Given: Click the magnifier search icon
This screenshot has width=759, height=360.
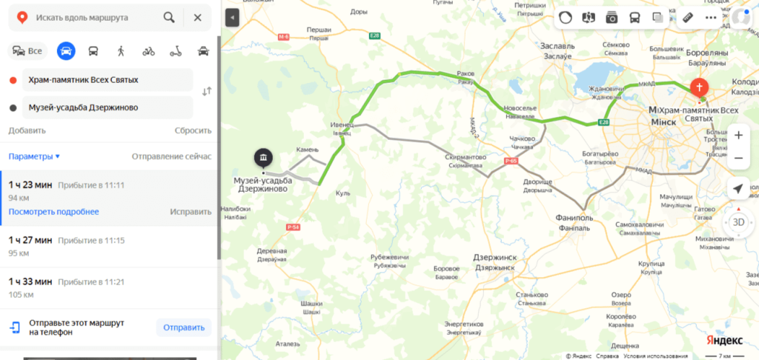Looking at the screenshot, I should pyautogui.click(x=170, y=17).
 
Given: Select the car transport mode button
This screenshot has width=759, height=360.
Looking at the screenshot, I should pyautogui.click(x=66, y=51).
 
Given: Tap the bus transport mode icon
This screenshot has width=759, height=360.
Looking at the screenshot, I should pyautogui.click(x=93, y=51).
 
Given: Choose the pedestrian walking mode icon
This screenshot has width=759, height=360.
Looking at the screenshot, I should pyautogui.click(x=121, y=51).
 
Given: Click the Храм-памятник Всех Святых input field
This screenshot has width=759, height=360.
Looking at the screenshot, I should pyautogui.click(x=107, y=79).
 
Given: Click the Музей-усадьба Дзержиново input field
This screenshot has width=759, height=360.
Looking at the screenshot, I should pyautogui.click(x=107, y=107).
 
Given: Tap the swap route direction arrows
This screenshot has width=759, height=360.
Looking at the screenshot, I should pyautogui.click(x=207, y=91).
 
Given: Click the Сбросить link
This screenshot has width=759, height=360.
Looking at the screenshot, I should pyautogui.click(x=193, y=130).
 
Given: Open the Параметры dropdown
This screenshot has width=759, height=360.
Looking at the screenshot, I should pyautogui.click(x=34, y=156).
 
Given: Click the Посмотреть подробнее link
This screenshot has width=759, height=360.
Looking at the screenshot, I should pyautogui.click(x=53, y=211).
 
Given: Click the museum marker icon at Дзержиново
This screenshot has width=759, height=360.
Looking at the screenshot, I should pyautogui.click(x=263, y=158).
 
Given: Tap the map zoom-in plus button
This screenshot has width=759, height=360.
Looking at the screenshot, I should pyautogui.click(x=738, y=136).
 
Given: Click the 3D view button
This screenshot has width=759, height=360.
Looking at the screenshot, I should pyautogui.click(x=738, y=221).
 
